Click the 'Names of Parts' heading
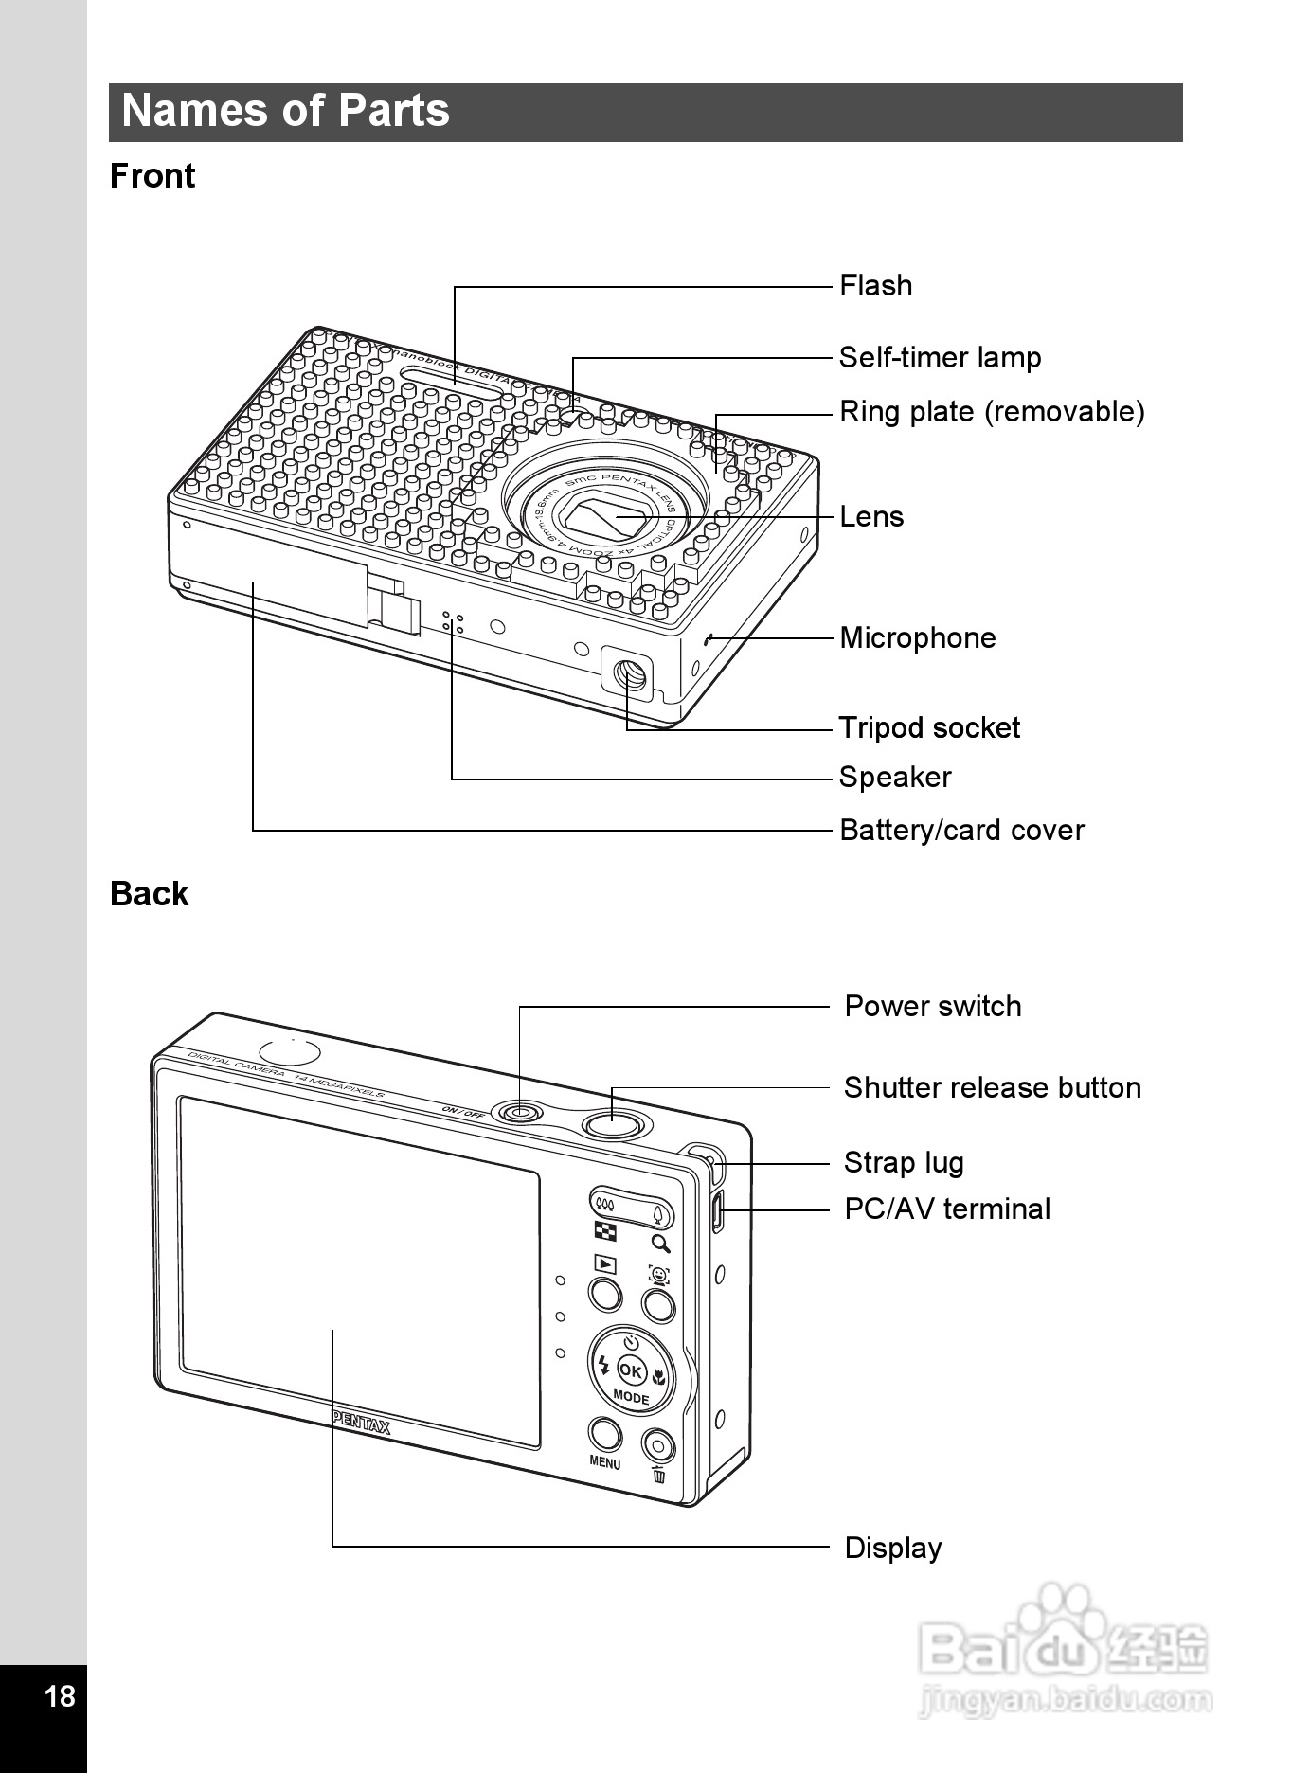point(285,111)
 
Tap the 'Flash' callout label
point(875,285)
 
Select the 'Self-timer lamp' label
point(940,357)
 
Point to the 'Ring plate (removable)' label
point(992,411)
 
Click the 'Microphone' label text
point(917,637)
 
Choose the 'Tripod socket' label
point(929,727)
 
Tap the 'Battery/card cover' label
point(961,830)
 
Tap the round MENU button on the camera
point(605,1434)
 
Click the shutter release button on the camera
point(613,1124)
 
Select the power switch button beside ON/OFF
point(519,1111)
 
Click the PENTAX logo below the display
point(361,1423)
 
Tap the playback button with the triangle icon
point(605,1293)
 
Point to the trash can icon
point(659,1475)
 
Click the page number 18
point(60,1695)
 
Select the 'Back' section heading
point(149,893)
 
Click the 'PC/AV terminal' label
point(946,1209)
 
